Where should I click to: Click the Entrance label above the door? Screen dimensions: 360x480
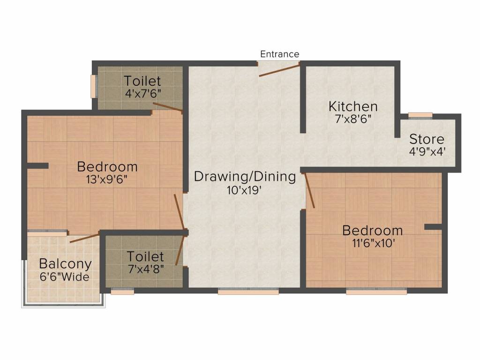279,54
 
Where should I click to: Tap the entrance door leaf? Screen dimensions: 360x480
279,70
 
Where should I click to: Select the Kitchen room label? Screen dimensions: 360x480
352,106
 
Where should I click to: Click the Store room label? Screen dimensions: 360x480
427,139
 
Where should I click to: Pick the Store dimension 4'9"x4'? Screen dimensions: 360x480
427,151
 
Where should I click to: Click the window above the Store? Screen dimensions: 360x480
420,114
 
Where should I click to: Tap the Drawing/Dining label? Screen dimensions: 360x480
245,177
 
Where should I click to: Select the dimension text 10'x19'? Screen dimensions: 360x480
245,190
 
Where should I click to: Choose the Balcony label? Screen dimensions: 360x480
65,263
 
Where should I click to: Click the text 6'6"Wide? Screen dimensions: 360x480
65,277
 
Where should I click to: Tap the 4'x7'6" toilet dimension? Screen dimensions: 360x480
142,93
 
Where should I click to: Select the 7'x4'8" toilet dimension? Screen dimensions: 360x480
145,270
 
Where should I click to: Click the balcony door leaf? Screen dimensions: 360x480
85,237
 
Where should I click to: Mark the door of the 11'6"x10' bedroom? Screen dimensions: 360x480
309,190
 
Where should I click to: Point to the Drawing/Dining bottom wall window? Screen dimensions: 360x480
248,291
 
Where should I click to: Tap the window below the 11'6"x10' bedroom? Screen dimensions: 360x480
376,291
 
